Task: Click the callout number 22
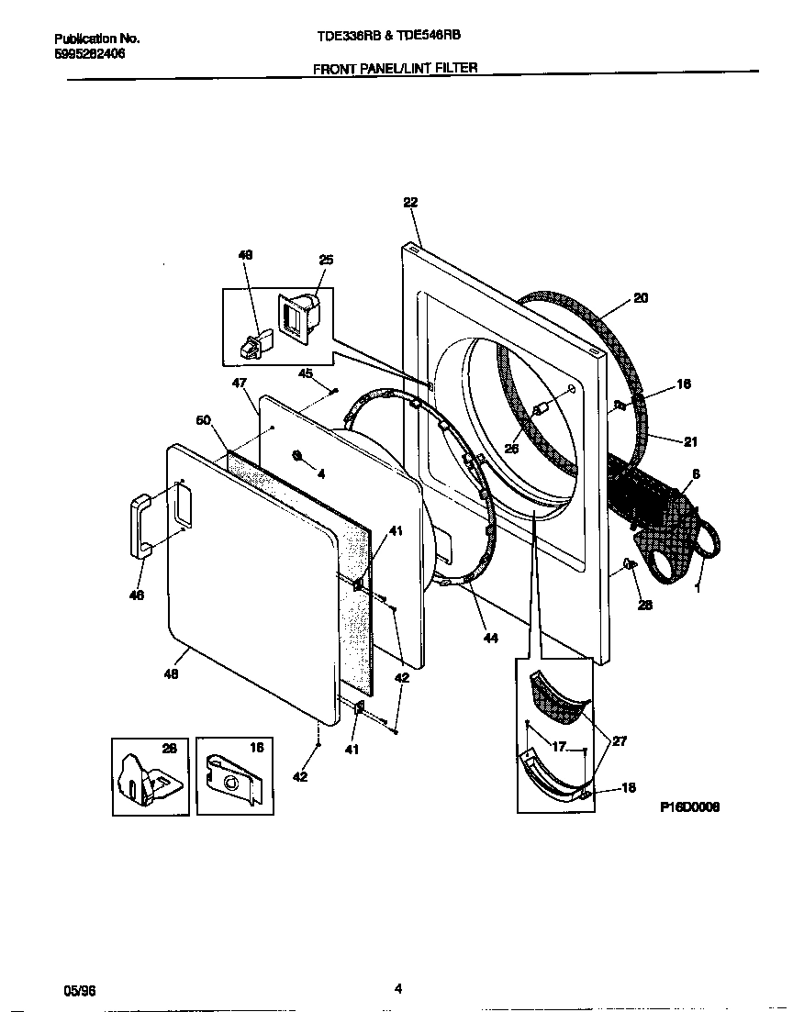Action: [x=410, y=204]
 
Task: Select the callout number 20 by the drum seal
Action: [x=641, y=298]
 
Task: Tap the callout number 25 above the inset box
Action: [x=326, y=261]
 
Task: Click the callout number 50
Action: [x=204, y=420]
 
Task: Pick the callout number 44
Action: [x=490, y=638]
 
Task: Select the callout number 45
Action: [x=306, y=373]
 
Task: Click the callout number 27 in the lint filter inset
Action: [x=620, y=741]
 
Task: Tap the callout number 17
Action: [x=559, y=746]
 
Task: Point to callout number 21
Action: [x=690, y=441]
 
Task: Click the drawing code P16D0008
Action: [x=689, y=807]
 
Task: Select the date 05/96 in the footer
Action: [x=79, y=991]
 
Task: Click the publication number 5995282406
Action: [x=90, y=54]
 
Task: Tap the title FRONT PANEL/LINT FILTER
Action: [x=396, y=68]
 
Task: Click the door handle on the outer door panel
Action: [x=140, y=526]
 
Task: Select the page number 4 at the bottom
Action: [x=397, y=988]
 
